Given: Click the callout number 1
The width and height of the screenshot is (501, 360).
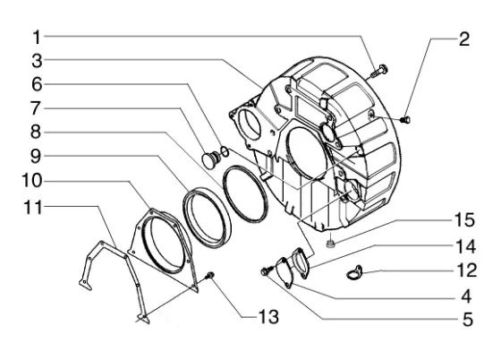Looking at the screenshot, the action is pyautogui.click(x=37, y=37).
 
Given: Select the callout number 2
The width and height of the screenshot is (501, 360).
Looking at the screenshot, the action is pyautogui.click(x=464, y=39).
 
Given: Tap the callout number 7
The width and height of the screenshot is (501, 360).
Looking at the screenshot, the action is pyautogui.click(x=36, y=108).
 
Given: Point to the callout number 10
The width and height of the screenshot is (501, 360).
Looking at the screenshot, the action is pyautogui.click(x=31, y=181).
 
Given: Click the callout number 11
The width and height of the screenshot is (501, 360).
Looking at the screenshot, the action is pyautogui.click(x=33, y=208).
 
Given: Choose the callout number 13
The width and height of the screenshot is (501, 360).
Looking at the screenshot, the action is pyautogui.click(x=268, y=317).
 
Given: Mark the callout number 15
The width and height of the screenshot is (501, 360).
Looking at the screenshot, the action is pyautogui.click(x=464, y=220).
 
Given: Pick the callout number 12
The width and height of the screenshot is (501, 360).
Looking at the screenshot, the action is pyautogui.click(x=466, y=270).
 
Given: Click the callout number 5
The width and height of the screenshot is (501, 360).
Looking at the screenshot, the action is pyautogui.click(x=467, y=320).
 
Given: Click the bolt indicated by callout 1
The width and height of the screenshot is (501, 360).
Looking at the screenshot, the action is pyautogui.click(x=379, y=72).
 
